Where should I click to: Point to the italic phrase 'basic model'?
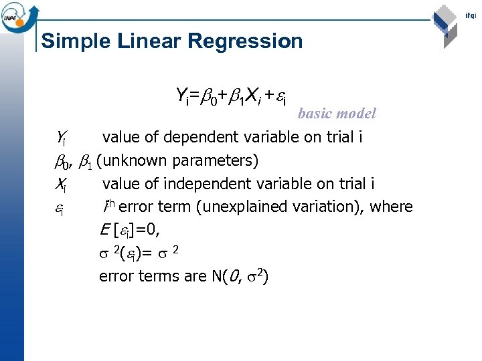coord(337,114)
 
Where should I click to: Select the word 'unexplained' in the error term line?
coord(238,207)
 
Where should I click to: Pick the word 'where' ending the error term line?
coord(391,207)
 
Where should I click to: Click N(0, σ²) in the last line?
coord(243,276)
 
